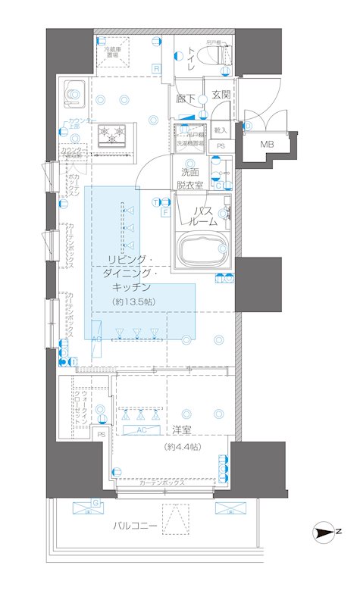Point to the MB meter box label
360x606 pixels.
click(268, 145)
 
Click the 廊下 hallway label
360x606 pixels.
click(186, 98)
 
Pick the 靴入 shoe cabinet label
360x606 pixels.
click(221, 130)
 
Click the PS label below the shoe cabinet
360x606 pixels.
click(221, 145)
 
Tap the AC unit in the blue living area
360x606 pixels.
click(96, 339)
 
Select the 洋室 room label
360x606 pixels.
click(180, 430)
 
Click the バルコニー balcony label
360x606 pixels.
click(136, 525)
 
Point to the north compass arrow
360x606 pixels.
click(327, 533)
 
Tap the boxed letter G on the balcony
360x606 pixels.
click(95, 502)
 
